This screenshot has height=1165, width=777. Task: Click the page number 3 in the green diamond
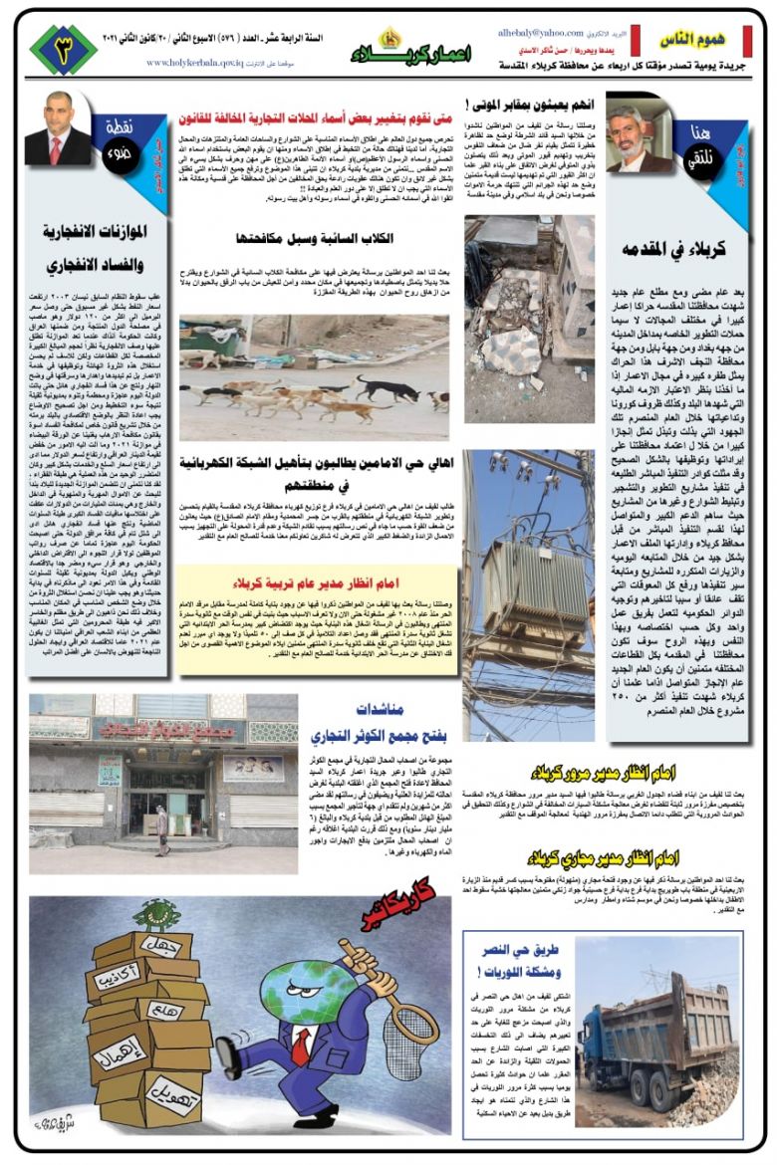click(64, 49)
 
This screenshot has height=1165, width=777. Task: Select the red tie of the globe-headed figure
click(300, 1047)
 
